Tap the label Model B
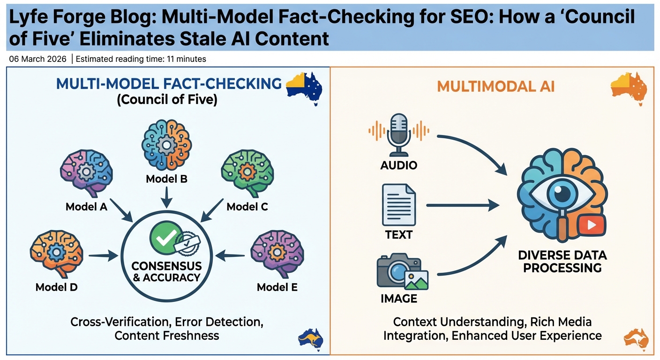(166, 179)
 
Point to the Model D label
(56, 287)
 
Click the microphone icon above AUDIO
(399, 134)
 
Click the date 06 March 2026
(38, 59)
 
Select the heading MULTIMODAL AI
(495, 86)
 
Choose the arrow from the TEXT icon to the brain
(462, 204)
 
